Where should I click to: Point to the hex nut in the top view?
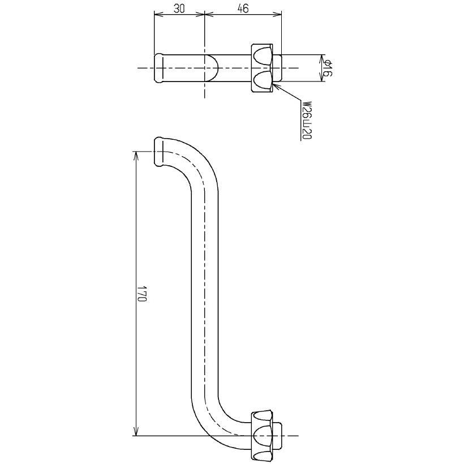click(x=264, y=68)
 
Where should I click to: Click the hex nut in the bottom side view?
click(x=264, y=436)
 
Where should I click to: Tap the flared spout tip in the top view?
click(x=160, y=68)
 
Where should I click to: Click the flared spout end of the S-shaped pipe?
click(x=160, y=152)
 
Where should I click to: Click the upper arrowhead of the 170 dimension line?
click(x=136, y=155)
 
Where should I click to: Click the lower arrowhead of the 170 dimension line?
click(x=136, y=432)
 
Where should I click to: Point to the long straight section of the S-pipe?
click(x=205, y=294)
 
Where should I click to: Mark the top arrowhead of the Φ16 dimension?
click(x=323, y=57)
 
